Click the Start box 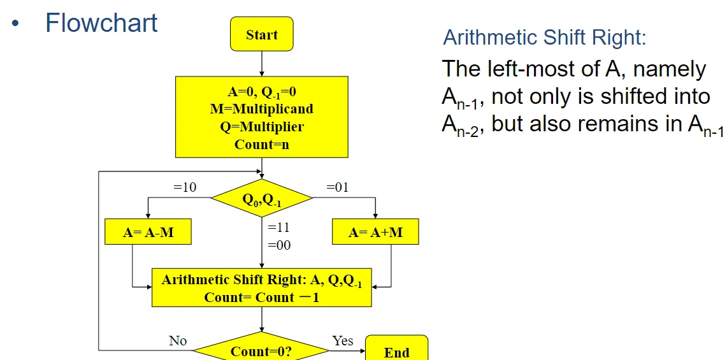point(262,34)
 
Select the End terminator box point(396,351)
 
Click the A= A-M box point(148,233)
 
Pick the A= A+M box point(375,233)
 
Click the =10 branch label point(185,187)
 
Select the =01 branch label point(338,187)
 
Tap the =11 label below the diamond point(279,227)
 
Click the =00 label point(279,245)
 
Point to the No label point(178,341)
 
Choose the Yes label point(343,341)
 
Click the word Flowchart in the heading point(101,23)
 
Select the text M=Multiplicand point(262,109)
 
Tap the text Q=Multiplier point(262,126)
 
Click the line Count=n point(262,144)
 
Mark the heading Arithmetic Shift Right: point(545,38)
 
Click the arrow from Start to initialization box point(262,64)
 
